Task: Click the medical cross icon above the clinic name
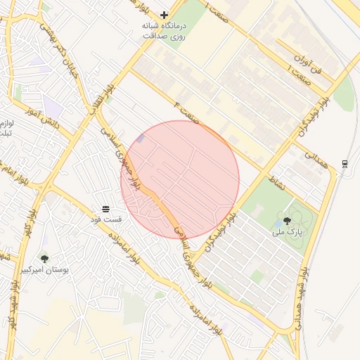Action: [165, 15]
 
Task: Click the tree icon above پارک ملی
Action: [286, 221]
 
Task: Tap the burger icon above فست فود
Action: [105, 209]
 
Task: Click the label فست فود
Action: [105, 220]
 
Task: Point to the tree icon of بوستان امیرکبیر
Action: [44, 259]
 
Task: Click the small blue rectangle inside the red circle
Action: [140, 139]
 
